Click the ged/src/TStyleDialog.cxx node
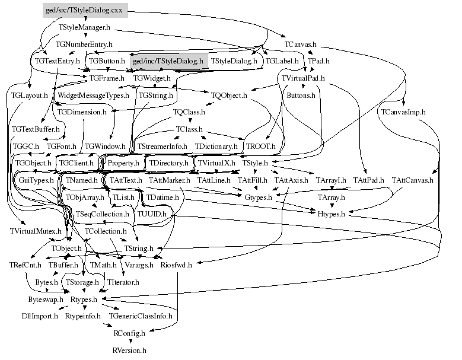pyautogui.click(x=85, y=11)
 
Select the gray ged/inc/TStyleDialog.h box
pyautogui.click(x=167, y=61)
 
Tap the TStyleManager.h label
pyautogui.click(x=84, y=27)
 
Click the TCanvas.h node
pyautogui.click(x=300, y=44)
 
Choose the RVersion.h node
pyautogui.click(x=129, y=351)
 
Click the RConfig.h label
pyautogui.click(x=129, y=334)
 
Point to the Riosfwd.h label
pyautogui.click(x=176, y=265)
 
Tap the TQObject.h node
pyautogui.click(x=228, y=95)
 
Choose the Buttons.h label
pyautogui.click(x=301, y=95)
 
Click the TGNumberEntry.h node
pyautogui.click(x=84, y=44)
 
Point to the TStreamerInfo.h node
pyautogui.click(x=162, y=146)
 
